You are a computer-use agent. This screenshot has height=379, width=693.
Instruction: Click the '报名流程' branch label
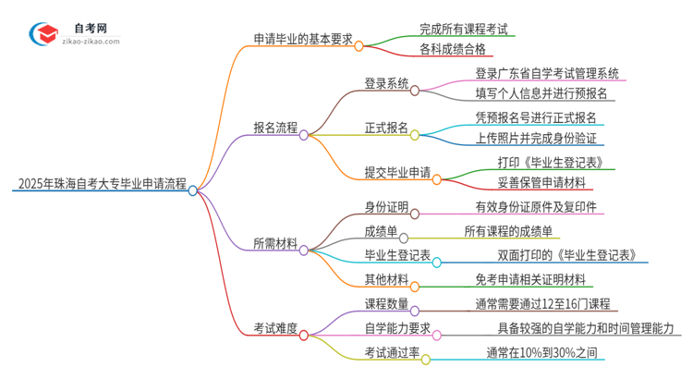point(275,129)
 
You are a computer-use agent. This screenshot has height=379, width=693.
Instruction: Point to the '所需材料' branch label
point(275,244)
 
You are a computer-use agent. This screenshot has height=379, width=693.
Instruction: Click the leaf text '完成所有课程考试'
point(450,30)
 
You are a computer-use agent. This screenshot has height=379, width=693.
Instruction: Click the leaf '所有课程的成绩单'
point(508,231)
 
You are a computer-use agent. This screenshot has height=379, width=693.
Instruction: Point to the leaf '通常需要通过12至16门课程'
point(541,303)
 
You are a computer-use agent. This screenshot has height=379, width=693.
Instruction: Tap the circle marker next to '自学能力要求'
point(437,336)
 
